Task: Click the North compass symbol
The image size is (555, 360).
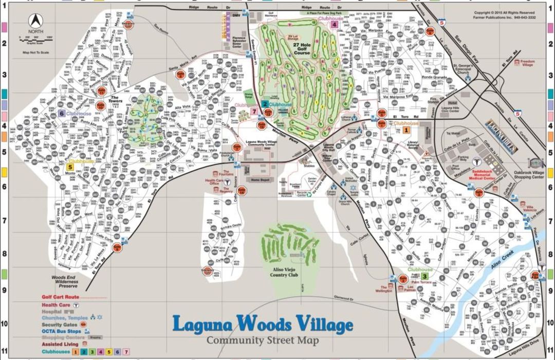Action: (x=35, y=22)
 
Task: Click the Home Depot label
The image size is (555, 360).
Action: (x=261, y=180)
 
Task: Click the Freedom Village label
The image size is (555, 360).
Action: (x=527, y=63)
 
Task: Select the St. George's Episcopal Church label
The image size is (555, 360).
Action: (x=464, y=69)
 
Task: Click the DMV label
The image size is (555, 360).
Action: (x=236, y=16)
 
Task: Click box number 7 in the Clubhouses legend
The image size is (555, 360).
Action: (x=126, y=352)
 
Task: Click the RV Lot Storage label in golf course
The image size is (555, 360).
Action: (x=293, y=37)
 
